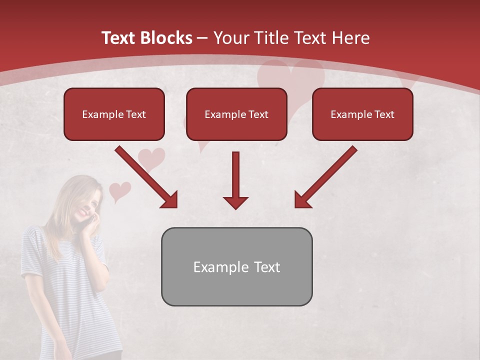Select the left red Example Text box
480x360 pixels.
pyautogui.click(x=114, y=114)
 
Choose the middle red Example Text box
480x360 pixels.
pyautogui.click(x=236, y=114)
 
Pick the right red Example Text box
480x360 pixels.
pyautogui.click(x=362, y=114)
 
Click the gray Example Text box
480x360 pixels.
pyautogui.click(x=236, y=266)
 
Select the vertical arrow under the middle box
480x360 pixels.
pyautogui.click(x=235, y=180)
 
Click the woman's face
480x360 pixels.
pyautogui.click(x=86, y=203)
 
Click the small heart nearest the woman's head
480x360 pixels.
pyautogui.click(x=119, y=190)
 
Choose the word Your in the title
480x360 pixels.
pyautogui.click(x=231, y=38)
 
